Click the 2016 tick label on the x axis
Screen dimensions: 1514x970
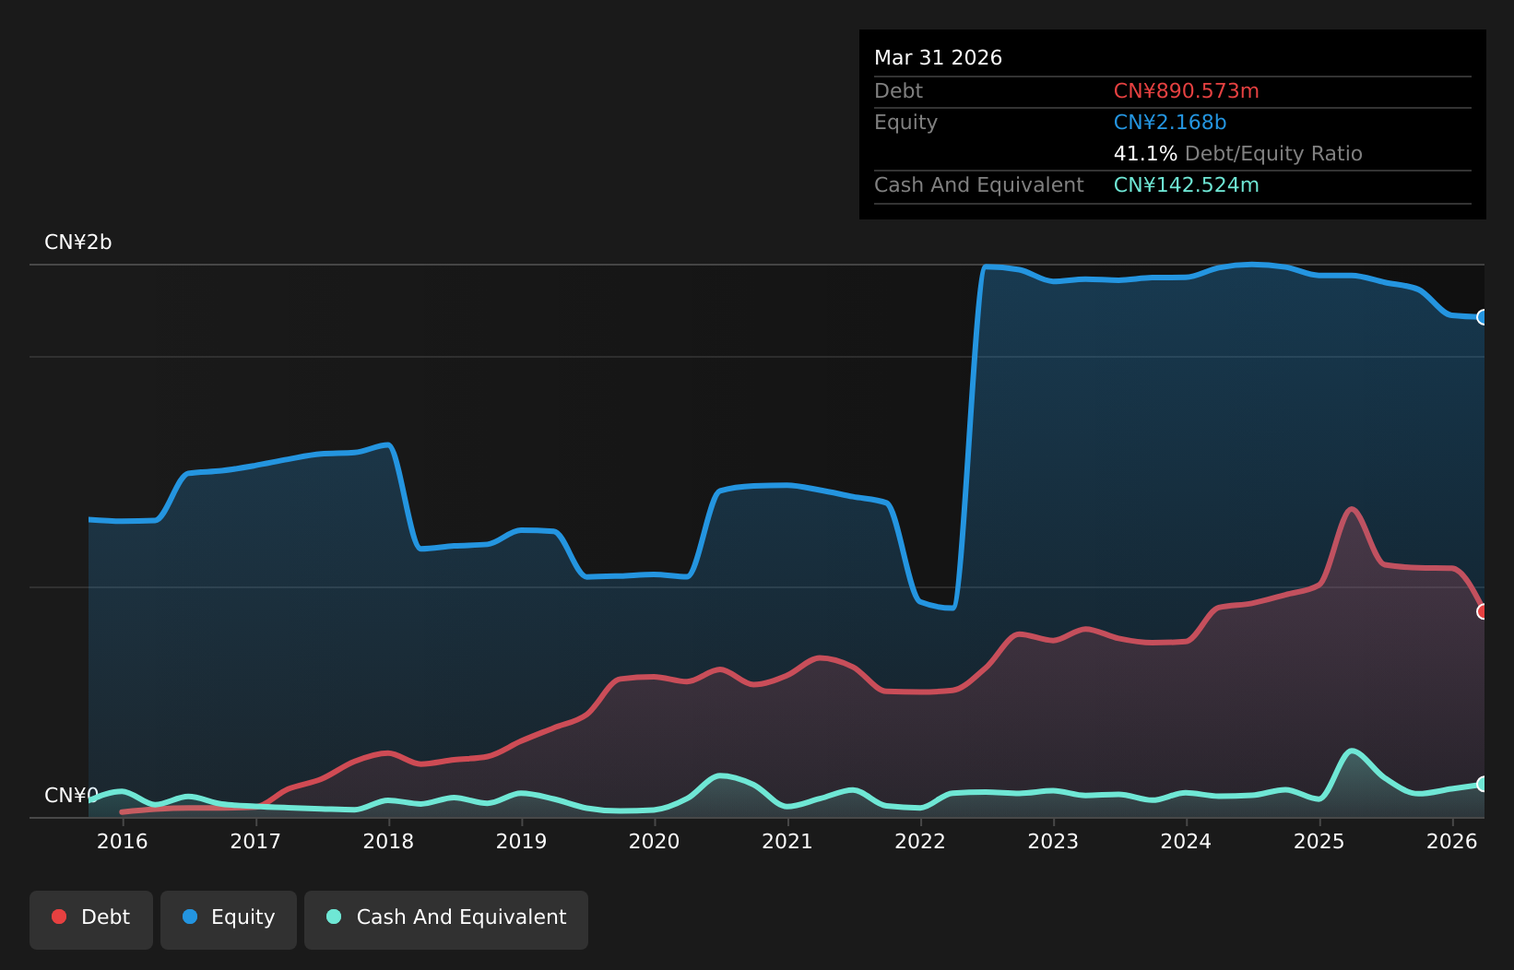tap(123, 842)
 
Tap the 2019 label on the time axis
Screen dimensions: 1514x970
tap(521, 842)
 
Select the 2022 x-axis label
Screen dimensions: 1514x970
tap(920, 842)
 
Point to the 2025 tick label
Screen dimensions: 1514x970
tap(1319, 842)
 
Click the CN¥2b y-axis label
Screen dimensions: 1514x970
tap(77, 242)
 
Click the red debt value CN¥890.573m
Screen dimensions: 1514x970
tap(1186, 91)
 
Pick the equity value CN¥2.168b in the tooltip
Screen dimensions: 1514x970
tap(1170, 123)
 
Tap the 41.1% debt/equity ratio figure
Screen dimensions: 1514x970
tap(1145, 154)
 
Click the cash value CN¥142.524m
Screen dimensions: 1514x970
tap(1186, 185)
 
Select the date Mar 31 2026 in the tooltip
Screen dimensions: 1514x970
tap(938, 58)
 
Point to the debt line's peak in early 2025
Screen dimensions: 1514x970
tap(1351, 509)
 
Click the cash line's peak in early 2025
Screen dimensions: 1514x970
tap(1351, 751)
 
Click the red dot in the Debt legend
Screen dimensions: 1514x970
tap(60, 917)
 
